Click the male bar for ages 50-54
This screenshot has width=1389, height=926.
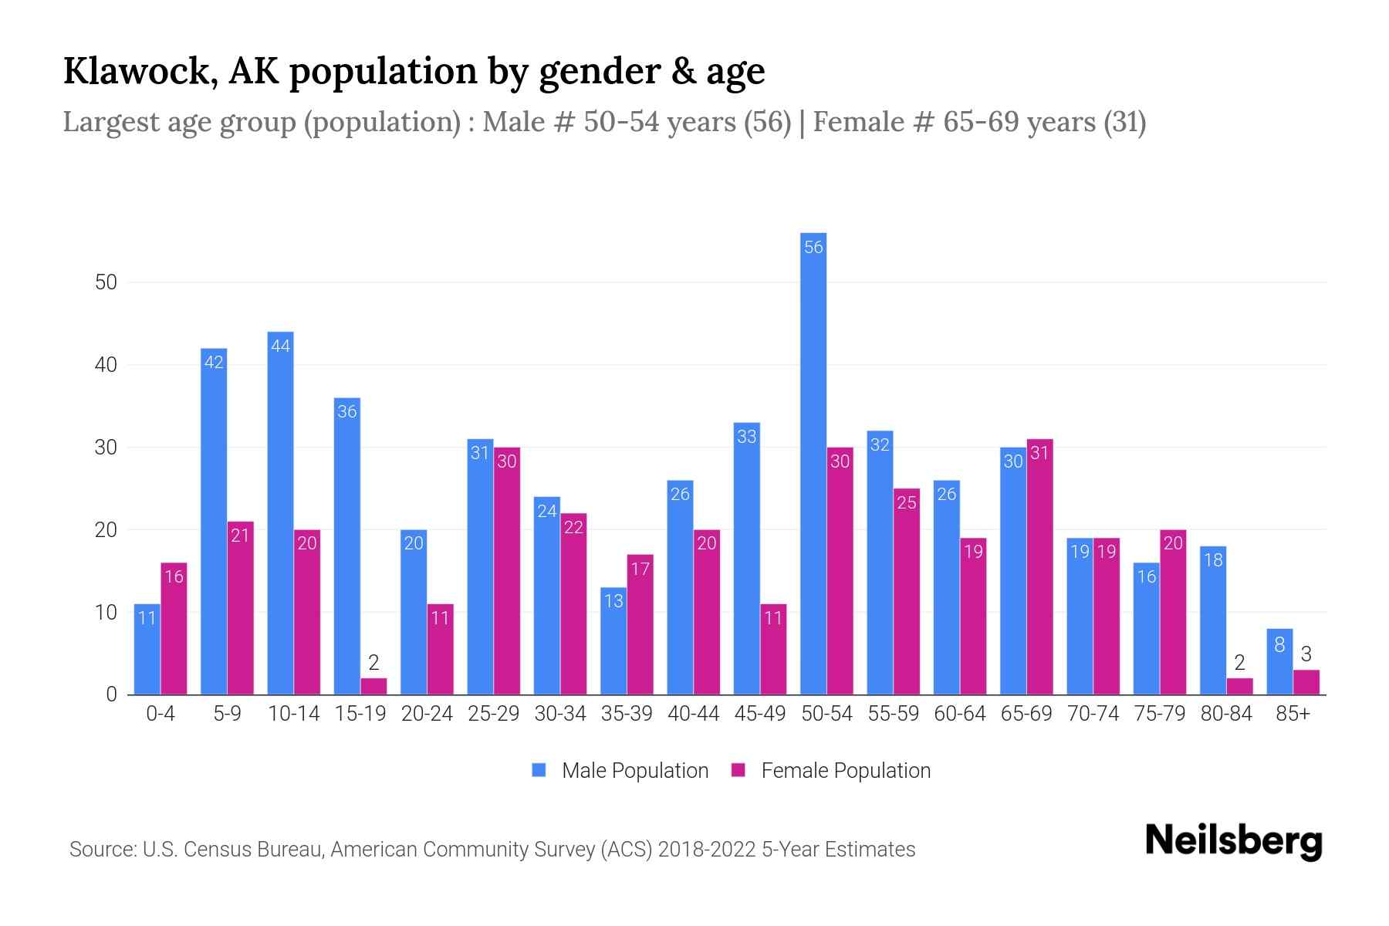(x=813, y=463)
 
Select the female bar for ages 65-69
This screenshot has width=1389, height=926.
(x=1039, y=567)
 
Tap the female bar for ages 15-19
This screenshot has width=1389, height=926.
(x=373, y=686)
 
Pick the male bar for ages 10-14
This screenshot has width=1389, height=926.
(x=280, y=513)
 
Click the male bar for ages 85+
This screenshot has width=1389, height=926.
(x=1279, y=662)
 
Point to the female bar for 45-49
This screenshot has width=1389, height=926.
(x=773, y=649)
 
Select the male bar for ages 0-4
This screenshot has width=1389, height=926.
(x=147, y=649)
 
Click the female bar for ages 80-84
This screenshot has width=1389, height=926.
(x=1239, y=686)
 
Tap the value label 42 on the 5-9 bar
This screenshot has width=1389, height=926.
(x=214, y=362)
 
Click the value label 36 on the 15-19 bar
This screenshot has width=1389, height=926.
(x=347, y=411)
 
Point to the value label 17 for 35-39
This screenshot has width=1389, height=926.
(x=640, y=569)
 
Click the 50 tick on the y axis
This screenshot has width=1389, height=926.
(x=106, y=282)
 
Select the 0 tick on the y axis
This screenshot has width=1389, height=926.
(x=112, y=694)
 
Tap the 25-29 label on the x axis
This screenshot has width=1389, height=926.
(x=494, y=714)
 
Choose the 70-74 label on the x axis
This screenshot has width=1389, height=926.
(x=1093, y=714)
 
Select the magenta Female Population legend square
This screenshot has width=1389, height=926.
(x=738, y=770)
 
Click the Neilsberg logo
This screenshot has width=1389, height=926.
(x=1233, y=841)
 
